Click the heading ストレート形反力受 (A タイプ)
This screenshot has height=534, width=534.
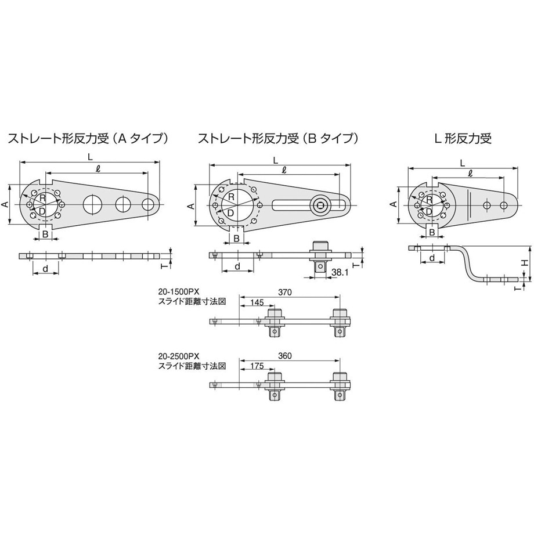coord(88,139)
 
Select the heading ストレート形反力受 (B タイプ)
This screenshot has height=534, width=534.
coord(277,139)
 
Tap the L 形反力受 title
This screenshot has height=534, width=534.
coord(463,139)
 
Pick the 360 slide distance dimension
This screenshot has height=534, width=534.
coord(284,356)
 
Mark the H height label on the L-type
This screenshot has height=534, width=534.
coord(524,263)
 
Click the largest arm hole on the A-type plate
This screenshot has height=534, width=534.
coord(92,204)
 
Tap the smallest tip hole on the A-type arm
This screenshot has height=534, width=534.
coord(149,204)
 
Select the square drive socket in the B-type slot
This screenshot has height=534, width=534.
coord(319,204)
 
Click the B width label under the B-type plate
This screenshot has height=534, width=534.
coord(236,239)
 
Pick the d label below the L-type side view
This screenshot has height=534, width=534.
coord(432,257)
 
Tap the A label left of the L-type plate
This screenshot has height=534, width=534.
coord(392,204)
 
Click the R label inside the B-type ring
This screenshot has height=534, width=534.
coord(231,197)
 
